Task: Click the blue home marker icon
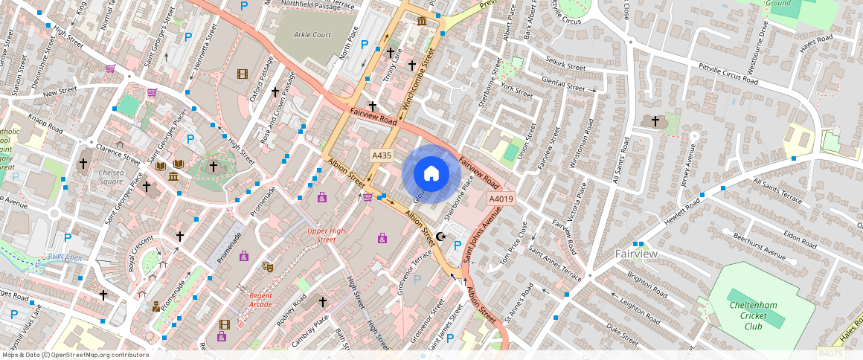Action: point(431,174)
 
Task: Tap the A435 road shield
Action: point(382,155)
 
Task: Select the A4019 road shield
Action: point(501,199)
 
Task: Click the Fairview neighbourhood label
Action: point(636,254)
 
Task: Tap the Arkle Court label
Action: point(312,35)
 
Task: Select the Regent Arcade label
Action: point(261,300)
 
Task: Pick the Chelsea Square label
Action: point(110,177)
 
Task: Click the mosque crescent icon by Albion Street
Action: point(440,237)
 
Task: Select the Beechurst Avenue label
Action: point(759,246)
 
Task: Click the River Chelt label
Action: point(64,257)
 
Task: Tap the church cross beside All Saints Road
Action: point(655,120)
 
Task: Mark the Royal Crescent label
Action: point(140,253)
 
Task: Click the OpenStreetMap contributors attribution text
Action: point(75,355)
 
